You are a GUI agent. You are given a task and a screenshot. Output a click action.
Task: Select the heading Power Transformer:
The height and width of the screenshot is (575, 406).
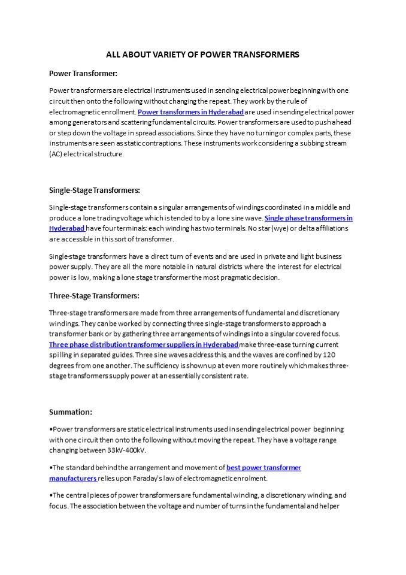[x=83, y=74]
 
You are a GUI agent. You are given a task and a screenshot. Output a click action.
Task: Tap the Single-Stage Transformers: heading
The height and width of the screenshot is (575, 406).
[x=94, y=190]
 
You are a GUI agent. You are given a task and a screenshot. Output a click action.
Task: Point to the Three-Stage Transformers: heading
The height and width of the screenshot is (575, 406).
[x=93, y=296]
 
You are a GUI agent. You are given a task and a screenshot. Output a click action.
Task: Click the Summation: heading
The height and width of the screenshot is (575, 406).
[x=70, y=412]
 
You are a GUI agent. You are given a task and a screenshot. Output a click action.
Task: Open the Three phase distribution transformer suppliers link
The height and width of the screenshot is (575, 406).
[x=144, y=344]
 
